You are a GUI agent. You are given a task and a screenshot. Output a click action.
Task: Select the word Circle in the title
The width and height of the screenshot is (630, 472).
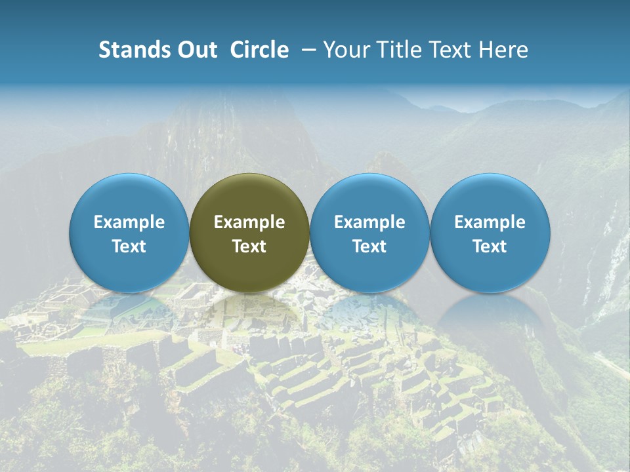pyautogui.click(x=259, y=50)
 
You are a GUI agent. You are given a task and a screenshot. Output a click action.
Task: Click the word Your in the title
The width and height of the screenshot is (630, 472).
pyautogui.click(x=345, y=50)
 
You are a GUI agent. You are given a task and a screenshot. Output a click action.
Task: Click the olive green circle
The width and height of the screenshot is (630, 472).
pyautogui.click(x=249, y=233)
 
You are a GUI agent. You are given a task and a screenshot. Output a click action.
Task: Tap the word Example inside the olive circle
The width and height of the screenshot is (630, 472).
pyautogui.click(x=249, y=222)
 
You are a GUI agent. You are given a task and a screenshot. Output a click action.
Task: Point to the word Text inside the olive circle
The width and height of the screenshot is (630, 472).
pyautogui.click(x=249, y=246)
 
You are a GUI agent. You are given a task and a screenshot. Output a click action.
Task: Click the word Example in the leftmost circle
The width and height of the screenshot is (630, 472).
pyautogui.click(x=129, y=222)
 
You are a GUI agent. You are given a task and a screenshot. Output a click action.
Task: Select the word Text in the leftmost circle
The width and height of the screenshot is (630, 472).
pyautogui.click(x=129, y=246)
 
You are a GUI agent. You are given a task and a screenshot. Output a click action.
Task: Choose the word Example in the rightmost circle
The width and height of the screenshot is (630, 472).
pyautogui.click(x=490, y=222)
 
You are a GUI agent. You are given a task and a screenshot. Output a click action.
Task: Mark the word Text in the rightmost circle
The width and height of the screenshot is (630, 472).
pyautogui.click(x=490, y=246)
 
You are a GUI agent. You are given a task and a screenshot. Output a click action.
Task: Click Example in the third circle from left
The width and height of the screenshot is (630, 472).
pyautogui.click(x=369, y=222)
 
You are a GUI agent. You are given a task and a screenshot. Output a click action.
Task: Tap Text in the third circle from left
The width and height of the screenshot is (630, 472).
pyautogui.click(x=369, y=246)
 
